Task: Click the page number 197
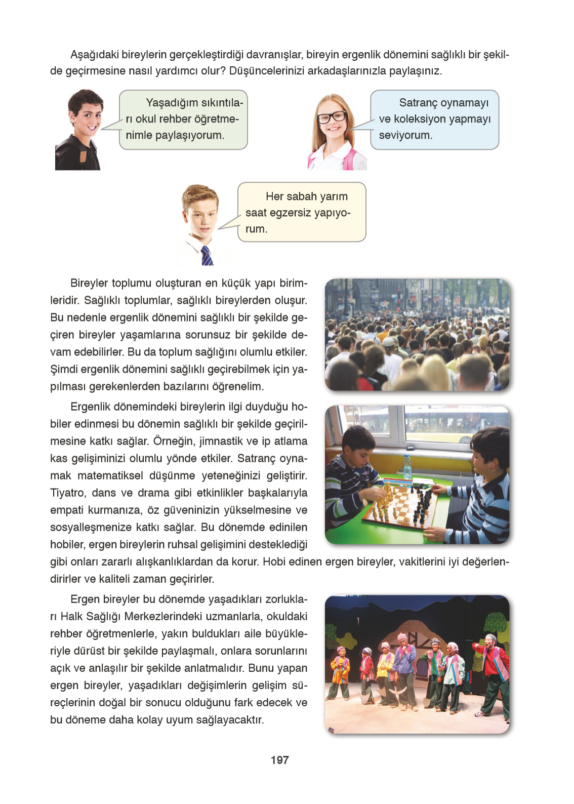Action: point(279,760)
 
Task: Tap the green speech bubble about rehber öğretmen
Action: point(183,119)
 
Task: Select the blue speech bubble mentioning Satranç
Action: point(434,119)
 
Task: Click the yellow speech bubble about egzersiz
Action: point(302,212)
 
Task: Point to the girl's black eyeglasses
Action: point(332,117)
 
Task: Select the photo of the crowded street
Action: point(417,335)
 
